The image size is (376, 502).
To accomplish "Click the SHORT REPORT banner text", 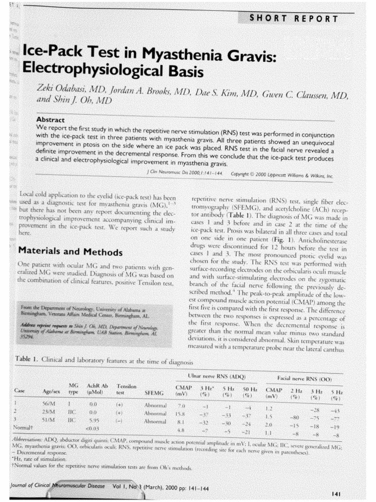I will coord(293,19).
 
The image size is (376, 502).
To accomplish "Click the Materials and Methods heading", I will coord(70,252).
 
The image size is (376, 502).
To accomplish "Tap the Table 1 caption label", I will coord(26,360).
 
